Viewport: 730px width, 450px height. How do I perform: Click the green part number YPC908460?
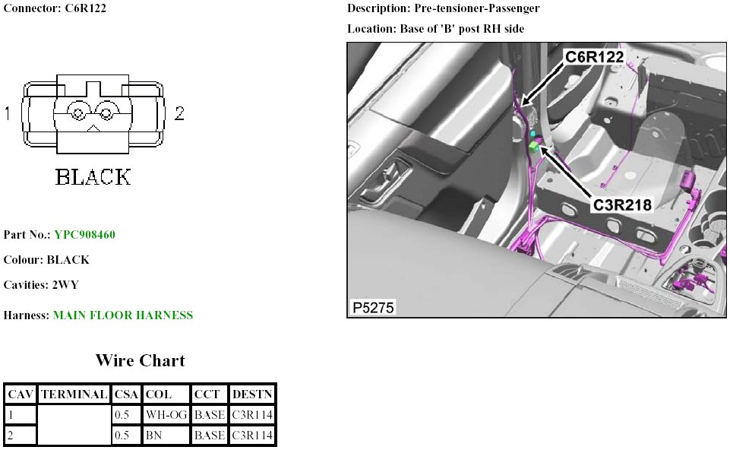click(85, 234)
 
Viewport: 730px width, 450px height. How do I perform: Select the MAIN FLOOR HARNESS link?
click(123, 315)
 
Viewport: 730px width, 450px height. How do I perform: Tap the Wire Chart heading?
click(140, 360)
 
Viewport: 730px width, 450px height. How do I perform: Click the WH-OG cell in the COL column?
click(166, 414)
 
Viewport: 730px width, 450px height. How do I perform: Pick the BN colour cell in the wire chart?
click(153, 436)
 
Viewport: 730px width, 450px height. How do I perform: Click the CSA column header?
click(126, 395)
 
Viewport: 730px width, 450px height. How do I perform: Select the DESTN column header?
click(252, 395)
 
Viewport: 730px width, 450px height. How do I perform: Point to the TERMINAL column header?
click(74, 395)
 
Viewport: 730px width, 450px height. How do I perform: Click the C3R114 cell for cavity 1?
click(252, 414)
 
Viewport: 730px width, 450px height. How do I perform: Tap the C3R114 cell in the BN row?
click(252, 436)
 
